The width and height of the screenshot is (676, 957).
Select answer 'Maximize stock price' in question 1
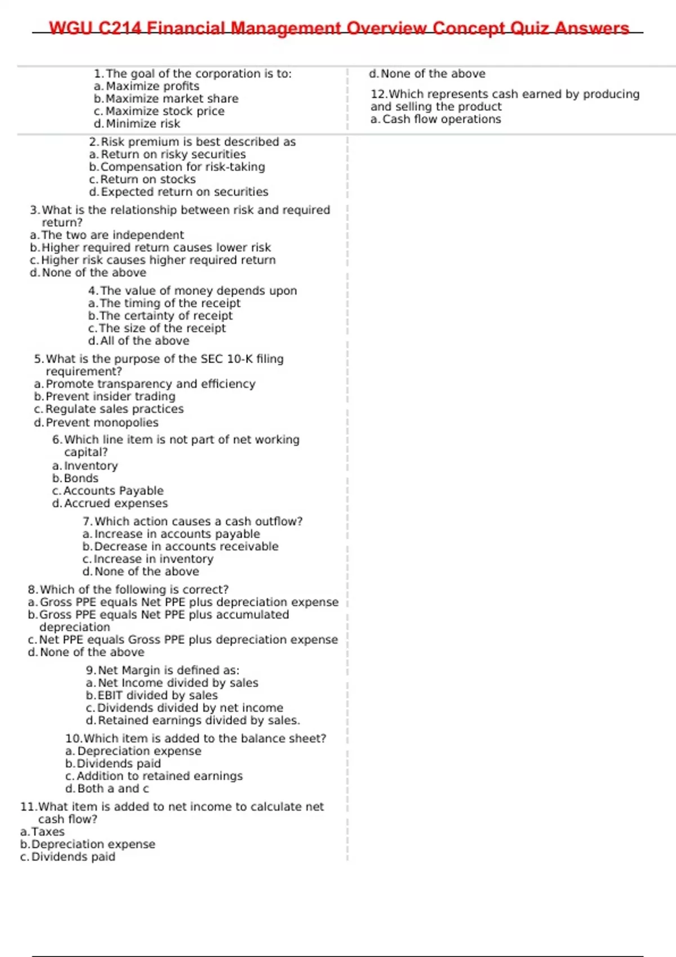(x=164, y=111)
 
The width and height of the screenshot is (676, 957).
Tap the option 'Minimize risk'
(x=143, y=124)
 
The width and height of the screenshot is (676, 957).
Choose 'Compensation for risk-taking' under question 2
(x=182, y=167)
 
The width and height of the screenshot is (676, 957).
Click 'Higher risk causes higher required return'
(x=158, y=260)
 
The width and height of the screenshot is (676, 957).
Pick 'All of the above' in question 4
(x=144, y=341)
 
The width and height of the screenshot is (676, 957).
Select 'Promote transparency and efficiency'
(x=150, y=384)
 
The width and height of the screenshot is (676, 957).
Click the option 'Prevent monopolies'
(x=101, y=423)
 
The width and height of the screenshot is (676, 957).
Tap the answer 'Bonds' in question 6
(x=81, y=479)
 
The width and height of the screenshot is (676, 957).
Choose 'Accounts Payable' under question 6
(x=113, y=491)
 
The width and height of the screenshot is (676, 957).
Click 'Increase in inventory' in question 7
(x=153, y=559)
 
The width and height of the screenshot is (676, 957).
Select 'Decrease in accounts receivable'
(x=186, y=547)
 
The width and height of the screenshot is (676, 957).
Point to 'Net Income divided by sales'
(x=177, y=683)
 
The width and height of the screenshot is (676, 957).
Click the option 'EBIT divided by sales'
(x=157, y=695)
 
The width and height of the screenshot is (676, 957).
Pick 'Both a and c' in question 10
(x=113, y=789)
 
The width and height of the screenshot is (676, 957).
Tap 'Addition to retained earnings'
(x=159, y=776)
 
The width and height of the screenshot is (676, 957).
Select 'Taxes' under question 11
(x=48, y=832)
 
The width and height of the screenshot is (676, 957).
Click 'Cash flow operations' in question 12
(x=441, y=119)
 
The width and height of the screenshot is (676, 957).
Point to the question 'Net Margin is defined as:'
(x=168, y=670)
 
